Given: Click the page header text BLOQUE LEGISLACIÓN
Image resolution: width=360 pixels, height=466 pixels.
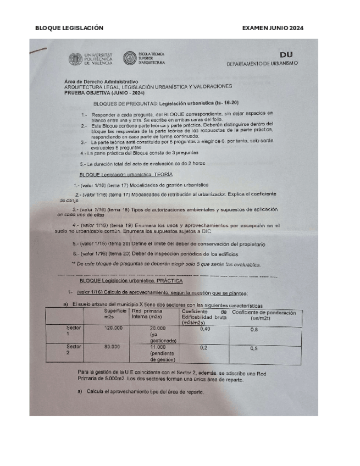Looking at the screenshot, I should click(69, 28).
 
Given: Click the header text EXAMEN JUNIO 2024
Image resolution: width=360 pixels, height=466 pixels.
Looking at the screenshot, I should click(273, 28).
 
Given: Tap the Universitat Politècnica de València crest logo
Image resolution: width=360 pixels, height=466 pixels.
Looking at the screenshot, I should click(75, 59).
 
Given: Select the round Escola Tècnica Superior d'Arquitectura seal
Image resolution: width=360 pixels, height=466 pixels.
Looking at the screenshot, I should click(130, 58).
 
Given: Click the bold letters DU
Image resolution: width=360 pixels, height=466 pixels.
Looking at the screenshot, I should click(286, 55).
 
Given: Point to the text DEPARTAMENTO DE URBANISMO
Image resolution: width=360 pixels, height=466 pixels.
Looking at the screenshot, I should click(262, 64).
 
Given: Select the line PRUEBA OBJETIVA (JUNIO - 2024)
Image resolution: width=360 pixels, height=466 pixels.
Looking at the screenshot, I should click(104, 92).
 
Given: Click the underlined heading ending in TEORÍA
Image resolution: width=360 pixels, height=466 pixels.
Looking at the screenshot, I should click(126, 174).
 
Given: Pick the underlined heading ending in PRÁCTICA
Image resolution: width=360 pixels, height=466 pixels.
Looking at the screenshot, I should click(129, 281).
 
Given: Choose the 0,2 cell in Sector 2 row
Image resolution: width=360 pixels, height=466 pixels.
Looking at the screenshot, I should click(204, 347).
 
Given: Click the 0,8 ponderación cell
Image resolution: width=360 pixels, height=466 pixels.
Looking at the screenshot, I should click(254, 329).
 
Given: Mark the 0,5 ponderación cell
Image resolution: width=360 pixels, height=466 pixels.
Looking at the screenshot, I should click(254, 348).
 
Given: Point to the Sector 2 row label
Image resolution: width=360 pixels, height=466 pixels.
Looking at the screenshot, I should click(73, 349).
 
